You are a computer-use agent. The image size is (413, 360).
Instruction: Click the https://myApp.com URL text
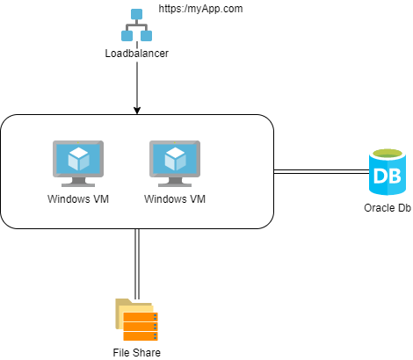coord(200,9)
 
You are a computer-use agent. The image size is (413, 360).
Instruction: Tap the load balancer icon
coord(136,27)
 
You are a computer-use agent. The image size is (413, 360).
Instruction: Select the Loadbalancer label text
coord(136,54)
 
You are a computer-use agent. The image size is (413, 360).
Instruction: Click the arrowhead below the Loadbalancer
coord(137,109)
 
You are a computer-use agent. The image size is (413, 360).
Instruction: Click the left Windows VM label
coord(78,199)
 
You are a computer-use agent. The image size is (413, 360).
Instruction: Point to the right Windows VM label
coord(175,199)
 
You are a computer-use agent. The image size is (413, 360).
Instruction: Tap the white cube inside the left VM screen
coord(78,159)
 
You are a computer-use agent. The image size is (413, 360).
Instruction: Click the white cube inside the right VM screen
coord(175,159)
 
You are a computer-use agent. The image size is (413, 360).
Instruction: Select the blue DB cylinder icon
coord(388,173)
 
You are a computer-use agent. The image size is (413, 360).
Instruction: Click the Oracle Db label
coord(388,209)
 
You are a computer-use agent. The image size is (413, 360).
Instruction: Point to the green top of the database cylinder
coord(388,155)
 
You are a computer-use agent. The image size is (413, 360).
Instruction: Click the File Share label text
coord(136,352)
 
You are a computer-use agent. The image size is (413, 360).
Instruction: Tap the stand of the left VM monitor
coord(78,183)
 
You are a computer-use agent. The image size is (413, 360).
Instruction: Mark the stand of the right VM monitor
coord(175,183)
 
